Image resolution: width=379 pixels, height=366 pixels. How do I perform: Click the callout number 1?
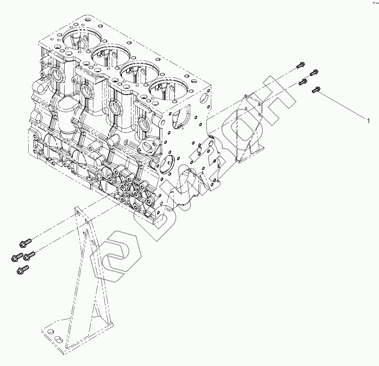[x=368, y=121]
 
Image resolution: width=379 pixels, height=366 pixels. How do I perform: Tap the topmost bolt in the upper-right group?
[x=300, y=65]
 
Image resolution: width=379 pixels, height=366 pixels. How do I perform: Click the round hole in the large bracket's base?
[x=50, y=332]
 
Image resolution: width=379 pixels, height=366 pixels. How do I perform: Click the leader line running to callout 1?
[x=341, y=105]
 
